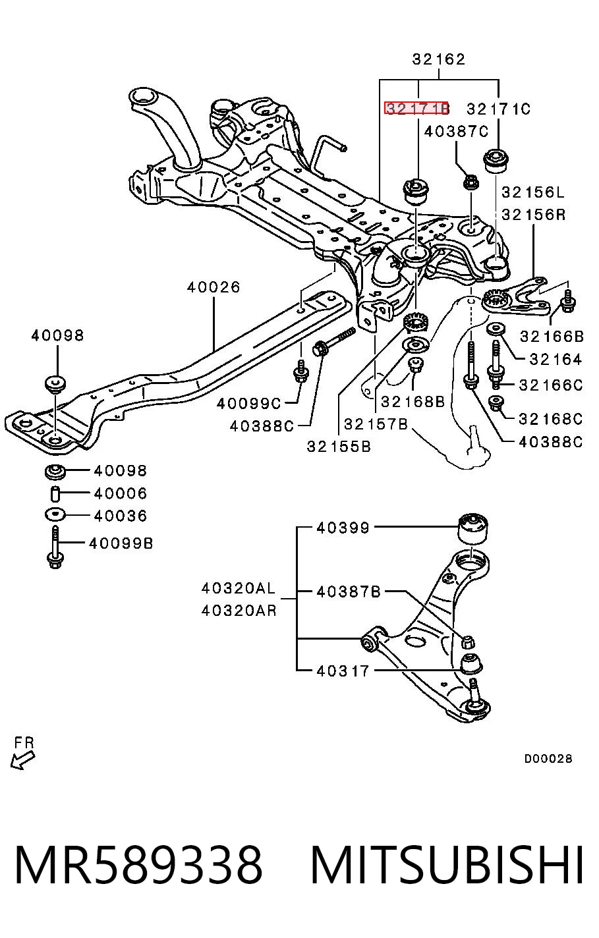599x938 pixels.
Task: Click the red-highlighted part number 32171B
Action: [416, 109]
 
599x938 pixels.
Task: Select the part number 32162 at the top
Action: [439, 59]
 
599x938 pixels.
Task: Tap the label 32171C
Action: [498, 109]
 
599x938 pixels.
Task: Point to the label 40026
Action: [214, 287]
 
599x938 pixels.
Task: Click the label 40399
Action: [343, 528]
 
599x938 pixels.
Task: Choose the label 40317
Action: [343, 671]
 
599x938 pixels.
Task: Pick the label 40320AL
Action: [239, 588]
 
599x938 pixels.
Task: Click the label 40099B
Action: [121, 543]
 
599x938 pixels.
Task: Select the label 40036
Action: [121, 516]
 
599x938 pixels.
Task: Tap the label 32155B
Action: [339, 447]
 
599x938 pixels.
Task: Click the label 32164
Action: [556, 359]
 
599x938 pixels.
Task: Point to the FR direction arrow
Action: [23, 769]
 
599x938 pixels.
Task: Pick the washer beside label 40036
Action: [55, 514]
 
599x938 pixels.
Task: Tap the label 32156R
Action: [534, 215]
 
